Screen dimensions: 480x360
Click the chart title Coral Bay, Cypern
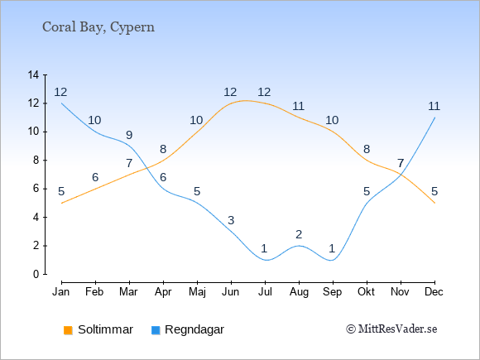[x=98, y=27]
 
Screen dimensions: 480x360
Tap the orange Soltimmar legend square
[x=68, y=330]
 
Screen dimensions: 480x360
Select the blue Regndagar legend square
[x=156, y=330]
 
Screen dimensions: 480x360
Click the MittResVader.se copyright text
[x=391, y=329]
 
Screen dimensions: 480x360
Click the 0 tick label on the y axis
[x=36, y=274]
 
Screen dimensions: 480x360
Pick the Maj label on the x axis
[x=197, y=292]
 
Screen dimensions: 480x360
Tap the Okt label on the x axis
[x=366, y=292]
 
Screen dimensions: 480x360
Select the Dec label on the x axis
[x=434, y=292]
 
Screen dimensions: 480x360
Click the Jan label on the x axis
[x=61, y=292]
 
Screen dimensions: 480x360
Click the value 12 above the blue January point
[x=60, y=92]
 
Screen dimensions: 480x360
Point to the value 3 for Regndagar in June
[x=231, y=220]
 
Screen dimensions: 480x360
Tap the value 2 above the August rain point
[x=299, y=234]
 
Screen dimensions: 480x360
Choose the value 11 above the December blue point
[x=434, y=106]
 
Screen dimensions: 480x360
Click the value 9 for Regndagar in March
[x=129, y=135]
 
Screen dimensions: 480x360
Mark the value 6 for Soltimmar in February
[x=95, y=177]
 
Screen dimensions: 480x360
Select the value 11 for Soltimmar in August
[x=298, y=106]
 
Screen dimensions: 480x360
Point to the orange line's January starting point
[x=62, y=203]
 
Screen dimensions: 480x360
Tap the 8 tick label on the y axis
[x=36, y=161]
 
